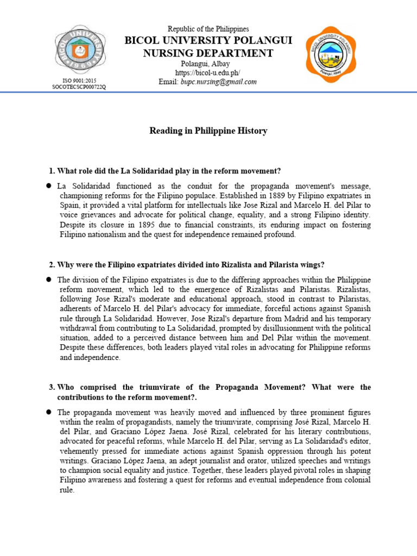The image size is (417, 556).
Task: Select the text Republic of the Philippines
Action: (x=208, y=29)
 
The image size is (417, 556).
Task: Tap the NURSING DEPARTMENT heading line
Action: (x=208, y=53)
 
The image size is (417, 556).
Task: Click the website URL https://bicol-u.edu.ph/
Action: (x=208, y=73)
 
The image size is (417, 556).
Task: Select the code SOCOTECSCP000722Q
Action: (x=79, y=87)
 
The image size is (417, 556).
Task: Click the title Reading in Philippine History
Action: (x=208, y=131)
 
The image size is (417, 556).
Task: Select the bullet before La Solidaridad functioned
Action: (x=49, y=186)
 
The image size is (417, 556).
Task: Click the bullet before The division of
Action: (x=49, y=279)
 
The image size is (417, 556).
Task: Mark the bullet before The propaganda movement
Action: (x=49, y=412)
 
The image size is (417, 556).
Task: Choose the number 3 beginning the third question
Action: (x=51, y=387)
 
